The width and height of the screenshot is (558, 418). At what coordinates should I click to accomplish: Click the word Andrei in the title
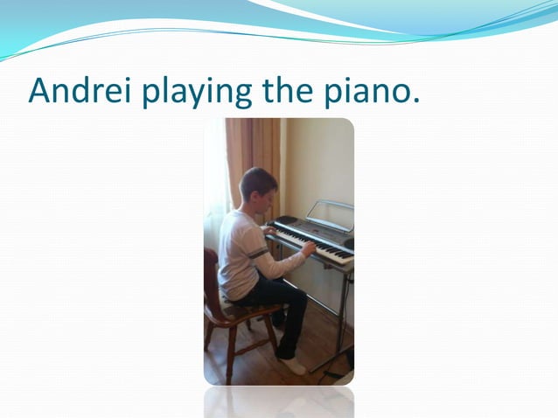click(x=77, y=91)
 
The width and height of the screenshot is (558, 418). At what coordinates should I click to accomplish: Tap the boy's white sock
click(x=294, y=366)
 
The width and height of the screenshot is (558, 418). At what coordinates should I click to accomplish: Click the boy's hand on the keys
click(x=309, y=248)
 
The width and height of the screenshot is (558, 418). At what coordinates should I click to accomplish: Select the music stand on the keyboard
click(x=331, y=212)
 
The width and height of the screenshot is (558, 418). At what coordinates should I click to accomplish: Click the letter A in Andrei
click(x=39, y=91)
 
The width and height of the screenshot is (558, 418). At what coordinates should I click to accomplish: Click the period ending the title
click(x=415, y=101)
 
